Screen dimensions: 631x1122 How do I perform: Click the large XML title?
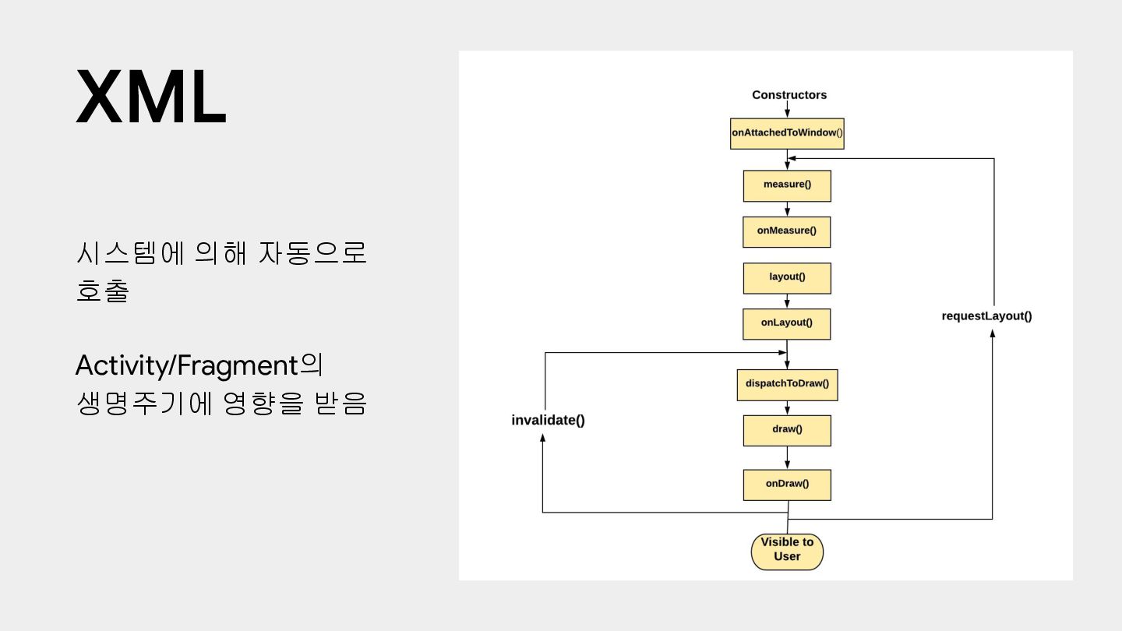point(151,97)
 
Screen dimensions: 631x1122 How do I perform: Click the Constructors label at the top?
point(789,95)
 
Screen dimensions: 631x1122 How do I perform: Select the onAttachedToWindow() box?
point(787,133)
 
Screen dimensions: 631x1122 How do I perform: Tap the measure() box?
point(787,185)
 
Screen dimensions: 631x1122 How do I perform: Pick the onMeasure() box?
point(786,231)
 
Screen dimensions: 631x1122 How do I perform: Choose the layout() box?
point(787,277)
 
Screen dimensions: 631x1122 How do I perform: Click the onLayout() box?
point(786,323)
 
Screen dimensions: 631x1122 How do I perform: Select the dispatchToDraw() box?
point(787,384)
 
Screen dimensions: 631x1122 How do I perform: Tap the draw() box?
point(787,430)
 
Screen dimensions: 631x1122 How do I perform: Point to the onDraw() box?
point(787,484)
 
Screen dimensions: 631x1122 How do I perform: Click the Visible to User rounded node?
point(787,551)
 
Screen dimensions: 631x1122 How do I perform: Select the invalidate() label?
point(548,421)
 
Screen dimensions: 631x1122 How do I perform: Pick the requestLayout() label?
point(986,316)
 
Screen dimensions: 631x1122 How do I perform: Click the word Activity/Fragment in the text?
point(187,365)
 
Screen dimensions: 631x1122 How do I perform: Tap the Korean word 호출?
point(102,291)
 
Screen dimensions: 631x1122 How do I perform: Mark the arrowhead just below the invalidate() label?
point(542,438)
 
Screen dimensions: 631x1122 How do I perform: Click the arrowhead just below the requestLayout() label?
point(992,333)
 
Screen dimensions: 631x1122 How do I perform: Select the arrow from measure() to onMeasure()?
point(787,209)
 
